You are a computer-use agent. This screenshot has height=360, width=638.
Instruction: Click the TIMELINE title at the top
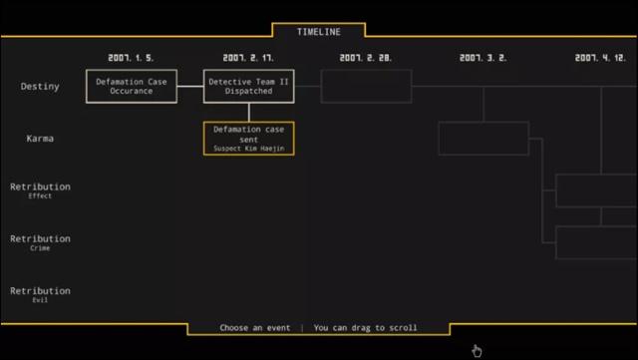coord(318,32)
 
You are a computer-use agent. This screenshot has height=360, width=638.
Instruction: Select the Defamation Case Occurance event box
coord(132,87)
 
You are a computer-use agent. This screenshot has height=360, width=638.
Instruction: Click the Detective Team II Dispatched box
coord(249,87)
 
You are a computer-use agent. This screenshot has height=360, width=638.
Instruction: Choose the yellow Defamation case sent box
coord(249,139)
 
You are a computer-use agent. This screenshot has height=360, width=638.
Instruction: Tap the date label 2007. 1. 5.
coord(132,58)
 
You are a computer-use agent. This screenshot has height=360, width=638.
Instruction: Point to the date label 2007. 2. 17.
coord(249,58)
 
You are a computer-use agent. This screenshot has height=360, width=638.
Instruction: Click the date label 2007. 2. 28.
coord(366,58)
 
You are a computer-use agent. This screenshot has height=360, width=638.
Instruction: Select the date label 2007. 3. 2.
coord(483,58)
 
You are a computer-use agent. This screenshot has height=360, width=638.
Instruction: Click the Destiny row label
coord(40,87)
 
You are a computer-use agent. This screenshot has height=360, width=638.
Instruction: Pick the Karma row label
coord(40,139)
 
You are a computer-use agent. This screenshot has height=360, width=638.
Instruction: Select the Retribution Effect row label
coord(40,189)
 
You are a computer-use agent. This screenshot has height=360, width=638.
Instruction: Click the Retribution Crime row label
coord(40,242)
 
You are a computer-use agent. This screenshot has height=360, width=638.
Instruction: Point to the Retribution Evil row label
coord(40,294)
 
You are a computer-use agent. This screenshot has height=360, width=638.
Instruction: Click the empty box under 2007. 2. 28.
coord(366,87)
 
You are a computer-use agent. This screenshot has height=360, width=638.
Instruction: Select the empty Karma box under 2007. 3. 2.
coord(483,139)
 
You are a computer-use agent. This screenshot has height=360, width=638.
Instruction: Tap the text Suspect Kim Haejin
coord(249,149)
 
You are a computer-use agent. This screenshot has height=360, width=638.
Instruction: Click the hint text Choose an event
coord(255,328)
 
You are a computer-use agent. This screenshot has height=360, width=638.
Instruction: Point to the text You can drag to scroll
coord(365,328)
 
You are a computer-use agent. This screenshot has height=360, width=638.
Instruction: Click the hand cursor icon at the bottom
coord(477,350)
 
